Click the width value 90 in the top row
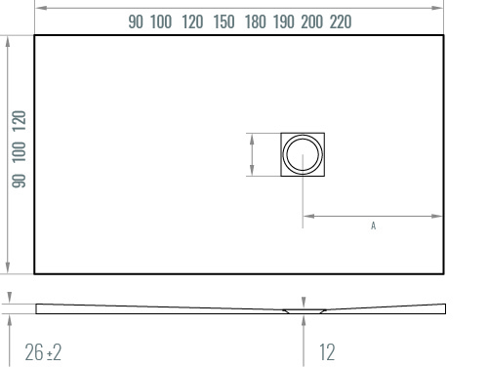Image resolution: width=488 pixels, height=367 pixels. (x=136, y=21)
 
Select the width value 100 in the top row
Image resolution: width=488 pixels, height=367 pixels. (x=161, y=21)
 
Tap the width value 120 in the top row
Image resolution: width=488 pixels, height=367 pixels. (x=192, y=21)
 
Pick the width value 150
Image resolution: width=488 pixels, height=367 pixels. (x=224, y=21)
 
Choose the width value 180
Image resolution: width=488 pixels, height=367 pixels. (x=256, y=21)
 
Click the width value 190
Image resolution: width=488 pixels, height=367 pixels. (x=284, y=21)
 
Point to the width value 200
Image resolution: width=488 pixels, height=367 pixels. (x=312, y=21)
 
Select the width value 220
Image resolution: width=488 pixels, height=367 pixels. (x=341, y=21)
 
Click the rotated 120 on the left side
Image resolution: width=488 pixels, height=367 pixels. (x=19, y=121)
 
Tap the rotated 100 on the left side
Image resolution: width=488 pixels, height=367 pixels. (x=19, y=152)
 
